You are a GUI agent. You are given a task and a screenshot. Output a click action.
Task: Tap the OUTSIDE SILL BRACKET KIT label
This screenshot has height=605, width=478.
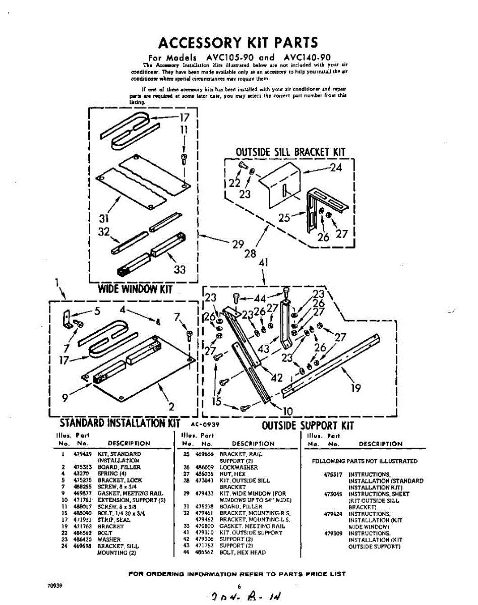pyautogui.click(x=290, y=152)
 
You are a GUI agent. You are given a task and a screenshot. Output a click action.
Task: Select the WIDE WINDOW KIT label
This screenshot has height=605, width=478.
pyautogui.click(x=135, y=289)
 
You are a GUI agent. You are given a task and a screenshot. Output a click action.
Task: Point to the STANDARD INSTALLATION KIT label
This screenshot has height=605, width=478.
pyautogui.click(x=120, y=422)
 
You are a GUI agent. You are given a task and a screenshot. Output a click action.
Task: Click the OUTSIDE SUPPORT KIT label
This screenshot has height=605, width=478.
pyautogui.click(x=308, y=426)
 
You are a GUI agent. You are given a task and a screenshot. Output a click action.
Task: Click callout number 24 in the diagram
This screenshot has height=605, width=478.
pyautogui.click(x=336, y=168)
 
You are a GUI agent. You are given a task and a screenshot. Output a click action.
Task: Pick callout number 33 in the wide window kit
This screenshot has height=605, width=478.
pyautogui.click(x=180, y=270)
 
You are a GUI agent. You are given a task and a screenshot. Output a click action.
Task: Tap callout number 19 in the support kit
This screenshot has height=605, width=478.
pyautogui.click(x=356, y=388)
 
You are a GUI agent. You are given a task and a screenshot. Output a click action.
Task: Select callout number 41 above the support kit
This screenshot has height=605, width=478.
pyautogui.click(x=263, y=263)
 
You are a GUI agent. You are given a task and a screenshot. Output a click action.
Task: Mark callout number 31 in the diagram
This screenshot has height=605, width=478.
pyautogui.click(x=104, y=219)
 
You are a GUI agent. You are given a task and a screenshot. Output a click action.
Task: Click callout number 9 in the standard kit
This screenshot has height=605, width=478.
pyautogui.click(x=65, y=397)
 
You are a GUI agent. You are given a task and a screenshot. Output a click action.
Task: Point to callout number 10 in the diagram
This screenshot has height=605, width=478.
pyautogui.click(x=286, y=411)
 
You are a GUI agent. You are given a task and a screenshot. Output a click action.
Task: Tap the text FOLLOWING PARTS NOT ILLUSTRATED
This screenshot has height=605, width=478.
pyautogui.click(x=365, y=461)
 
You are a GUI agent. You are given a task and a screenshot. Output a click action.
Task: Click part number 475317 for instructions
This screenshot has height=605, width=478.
pyautogui.click(x=333, y=475)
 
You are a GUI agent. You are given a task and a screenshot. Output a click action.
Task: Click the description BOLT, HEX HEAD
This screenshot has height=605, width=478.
pyautogui.click(x=243, y=553)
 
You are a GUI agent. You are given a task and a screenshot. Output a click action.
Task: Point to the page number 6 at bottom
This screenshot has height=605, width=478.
pyautogui.click(x=240, y=586)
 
